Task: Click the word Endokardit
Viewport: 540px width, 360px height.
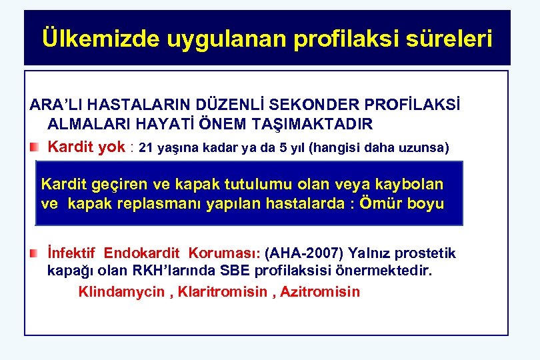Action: click(x=143, y=253)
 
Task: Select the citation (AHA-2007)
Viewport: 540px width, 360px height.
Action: click(x=304, y=253)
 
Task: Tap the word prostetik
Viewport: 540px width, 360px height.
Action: click(x=425, y=253)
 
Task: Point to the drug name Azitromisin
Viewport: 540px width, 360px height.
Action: click(x=319, y=291)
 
